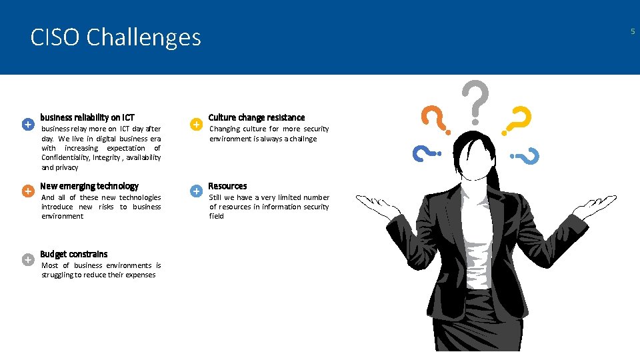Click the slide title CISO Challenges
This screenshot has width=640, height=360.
click(115, 37)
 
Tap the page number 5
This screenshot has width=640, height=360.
click(632, 31)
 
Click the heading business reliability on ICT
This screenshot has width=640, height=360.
click(87, 117)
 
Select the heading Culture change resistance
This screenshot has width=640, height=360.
click(257, 117)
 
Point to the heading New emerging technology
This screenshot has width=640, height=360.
click(89, 186)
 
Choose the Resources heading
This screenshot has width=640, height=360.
click(227, 186)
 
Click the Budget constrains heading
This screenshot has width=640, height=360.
click(73, 254)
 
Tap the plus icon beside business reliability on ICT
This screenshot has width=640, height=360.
click(27, 125)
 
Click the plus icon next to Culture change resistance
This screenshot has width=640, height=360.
click(196, 125)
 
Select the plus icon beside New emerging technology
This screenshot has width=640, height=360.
click(27, 191)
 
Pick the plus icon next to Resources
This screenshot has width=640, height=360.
click(196, 191)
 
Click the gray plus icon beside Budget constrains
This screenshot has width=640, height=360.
click(27, 259)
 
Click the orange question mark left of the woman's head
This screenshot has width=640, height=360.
click(436, 120)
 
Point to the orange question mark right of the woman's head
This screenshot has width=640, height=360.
click(517, 122)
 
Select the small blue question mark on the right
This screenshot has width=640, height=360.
click(526, 157)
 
